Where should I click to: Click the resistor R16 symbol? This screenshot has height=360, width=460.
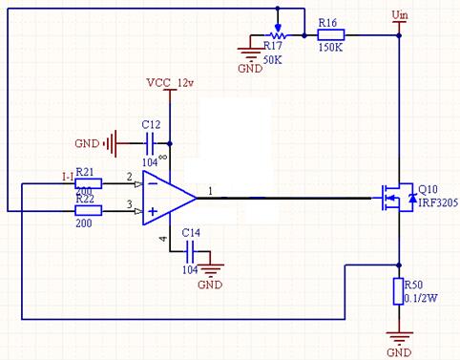click(329, 33)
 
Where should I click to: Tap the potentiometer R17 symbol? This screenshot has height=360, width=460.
click(278, 33)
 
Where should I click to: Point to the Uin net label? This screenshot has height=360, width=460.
click(402, 13)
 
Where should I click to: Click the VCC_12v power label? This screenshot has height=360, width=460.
click(169, 82)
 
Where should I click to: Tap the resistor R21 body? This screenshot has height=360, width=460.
click(89, 183)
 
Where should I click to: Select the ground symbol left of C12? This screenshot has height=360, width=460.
click(115, 144)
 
